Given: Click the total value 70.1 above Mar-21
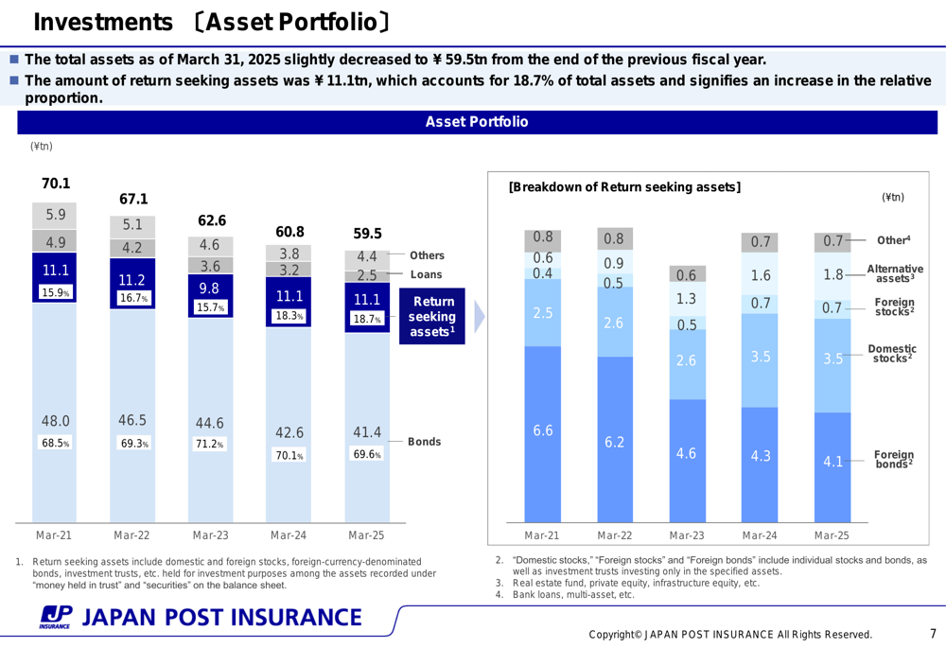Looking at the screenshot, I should tap(55, 184).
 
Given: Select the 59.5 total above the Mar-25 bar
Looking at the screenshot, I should tap(367, 233).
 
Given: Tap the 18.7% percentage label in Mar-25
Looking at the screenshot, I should tap(366, 320).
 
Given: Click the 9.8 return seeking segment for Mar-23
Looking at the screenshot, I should tap(209, 288).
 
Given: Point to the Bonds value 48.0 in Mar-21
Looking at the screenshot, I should tap(55, 421).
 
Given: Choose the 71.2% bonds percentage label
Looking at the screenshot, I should tap(210, 444).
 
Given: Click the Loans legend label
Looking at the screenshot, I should tap(426, 275).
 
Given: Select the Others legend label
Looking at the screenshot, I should tap(427, 255).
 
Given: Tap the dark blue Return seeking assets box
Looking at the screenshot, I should tap(432, 316).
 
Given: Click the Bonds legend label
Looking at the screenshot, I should tap(424, 442).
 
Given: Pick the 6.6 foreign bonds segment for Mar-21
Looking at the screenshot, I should tap(542, 431).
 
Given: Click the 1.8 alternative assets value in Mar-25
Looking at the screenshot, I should tap(832, 275).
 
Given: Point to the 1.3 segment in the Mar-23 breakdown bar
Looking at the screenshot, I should tap(687, 299).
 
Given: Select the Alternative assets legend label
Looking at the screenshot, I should tap(894, 274).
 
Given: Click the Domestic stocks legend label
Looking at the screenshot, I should tap(891, 354).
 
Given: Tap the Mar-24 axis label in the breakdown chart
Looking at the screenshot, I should tap(760, 535).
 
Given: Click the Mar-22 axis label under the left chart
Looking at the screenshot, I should tap(131, 535).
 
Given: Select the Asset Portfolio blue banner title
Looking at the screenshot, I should tap(476, 122).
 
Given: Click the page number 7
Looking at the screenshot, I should tap(932, 633).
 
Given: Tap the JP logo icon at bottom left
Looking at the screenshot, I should tap(55, 617).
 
